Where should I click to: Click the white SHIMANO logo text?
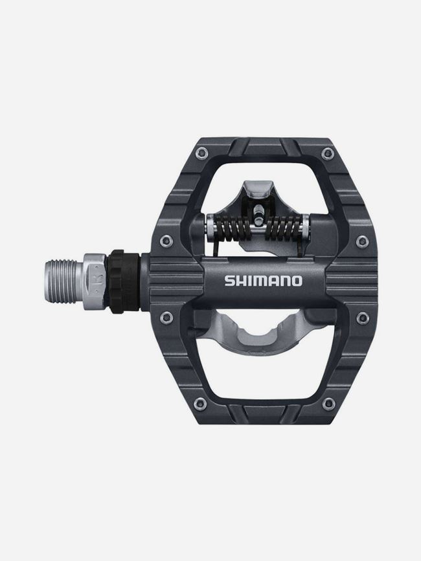coord(263,280)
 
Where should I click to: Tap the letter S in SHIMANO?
coord(229,280)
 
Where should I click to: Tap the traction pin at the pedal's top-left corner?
coord(202,153)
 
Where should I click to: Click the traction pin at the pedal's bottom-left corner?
coord(201,403)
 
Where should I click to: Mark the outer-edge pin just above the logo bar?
coord(362,241)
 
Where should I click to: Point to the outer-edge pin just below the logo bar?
coord(362,317)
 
